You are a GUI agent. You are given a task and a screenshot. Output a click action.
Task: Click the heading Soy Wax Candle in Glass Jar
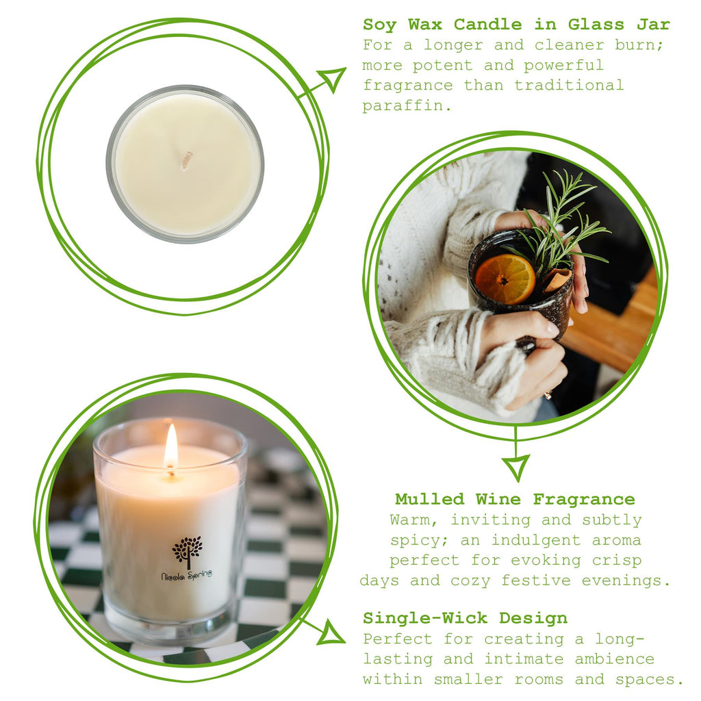pyautogui.click(x=516, y=25)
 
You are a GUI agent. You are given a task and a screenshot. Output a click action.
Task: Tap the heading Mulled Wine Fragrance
pyautogui.click(x=515, y=499)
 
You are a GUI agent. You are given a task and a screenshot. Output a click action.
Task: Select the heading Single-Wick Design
pyautogui.click(x=465, y=618)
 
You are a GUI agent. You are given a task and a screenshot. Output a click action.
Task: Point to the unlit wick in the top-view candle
pyautogui.click(x=186, y=160)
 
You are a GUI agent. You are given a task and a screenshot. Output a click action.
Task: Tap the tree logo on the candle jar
pyautogui.click(x=187, y=552)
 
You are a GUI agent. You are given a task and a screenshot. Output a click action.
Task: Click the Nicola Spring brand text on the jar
pyautogui.click(x=186, y=575)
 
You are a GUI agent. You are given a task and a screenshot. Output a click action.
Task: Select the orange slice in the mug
pyautogui.click(x=505, y=279)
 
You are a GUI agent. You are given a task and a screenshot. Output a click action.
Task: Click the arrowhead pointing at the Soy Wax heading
pyautogui.click(x=333, y=78)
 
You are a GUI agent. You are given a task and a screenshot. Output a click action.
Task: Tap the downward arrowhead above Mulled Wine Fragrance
pyautogui.click(x=515, y=467)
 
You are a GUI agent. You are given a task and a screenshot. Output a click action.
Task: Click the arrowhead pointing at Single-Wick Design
pyautogui.click(x=332, y=633)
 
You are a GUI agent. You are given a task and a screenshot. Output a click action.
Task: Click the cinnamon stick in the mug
pyautogui.click(x=556, y=279)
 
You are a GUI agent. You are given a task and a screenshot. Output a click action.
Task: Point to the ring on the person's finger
pyautogui.click(x=548, y=395)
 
